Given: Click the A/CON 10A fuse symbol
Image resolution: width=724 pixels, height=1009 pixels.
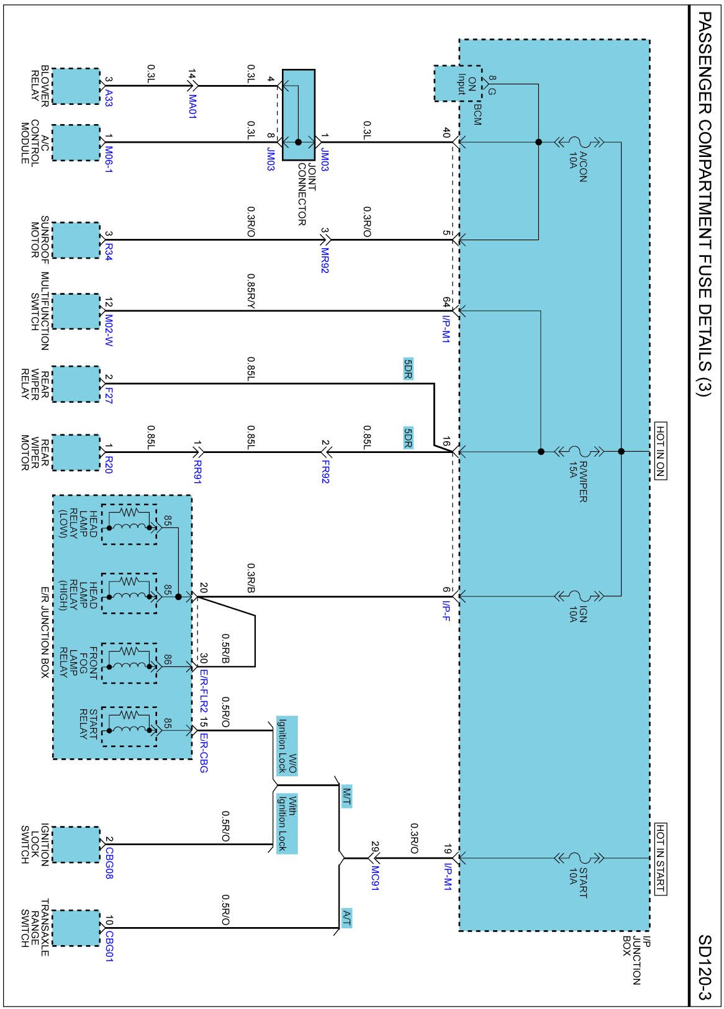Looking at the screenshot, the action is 578,142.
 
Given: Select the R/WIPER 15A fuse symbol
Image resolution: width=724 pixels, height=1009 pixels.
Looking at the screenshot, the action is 578,451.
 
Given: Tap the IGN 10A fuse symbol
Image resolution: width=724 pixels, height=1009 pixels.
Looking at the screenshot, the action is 578,596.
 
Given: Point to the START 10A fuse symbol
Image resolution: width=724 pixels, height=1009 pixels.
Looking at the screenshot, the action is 578,858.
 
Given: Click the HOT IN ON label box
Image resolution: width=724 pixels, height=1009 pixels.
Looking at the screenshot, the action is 660,451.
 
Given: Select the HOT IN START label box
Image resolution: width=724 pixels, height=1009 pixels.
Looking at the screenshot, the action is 660,859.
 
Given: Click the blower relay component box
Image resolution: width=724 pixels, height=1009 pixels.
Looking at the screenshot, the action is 76,86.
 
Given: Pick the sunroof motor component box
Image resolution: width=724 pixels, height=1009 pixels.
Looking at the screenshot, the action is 76,240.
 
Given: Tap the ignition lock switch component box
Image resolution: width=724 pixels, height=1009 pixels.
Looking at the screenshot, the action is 76,845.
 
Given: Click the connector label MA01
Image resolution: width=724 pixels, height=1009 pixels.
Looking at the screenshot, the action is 192,106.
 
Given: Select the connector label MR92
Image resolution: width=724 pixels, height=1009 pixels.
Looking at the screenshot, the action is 325,261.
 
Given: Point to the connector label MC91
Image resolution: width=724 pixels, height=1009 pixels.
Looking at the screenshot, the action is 375,878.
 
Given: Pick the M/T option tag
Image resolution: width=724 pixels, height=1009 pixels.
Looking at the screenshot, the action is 346,796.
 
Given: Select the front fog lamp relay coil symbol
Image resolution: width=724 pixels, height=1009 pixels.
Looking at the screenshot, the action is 129,663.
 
